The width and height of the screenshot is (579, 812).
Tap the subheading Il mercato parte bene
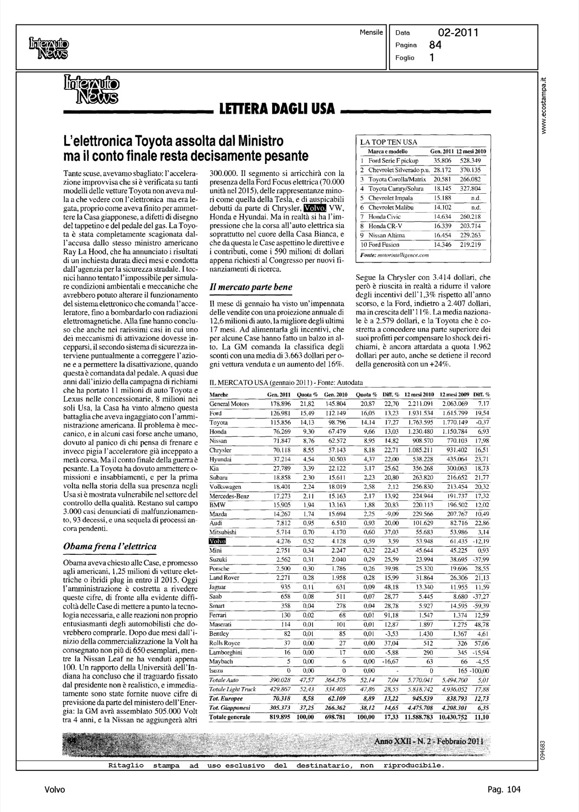(251, 287)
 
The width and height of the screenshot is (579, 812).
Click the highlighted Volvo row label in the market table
(217, 541)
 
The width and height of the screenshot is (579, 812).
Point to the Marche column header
(218, 395)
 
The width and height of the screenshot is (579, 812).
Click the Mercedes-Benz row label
(229, 495)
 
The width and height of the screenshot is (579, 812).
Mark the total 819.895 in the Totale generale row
(280, 717)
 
